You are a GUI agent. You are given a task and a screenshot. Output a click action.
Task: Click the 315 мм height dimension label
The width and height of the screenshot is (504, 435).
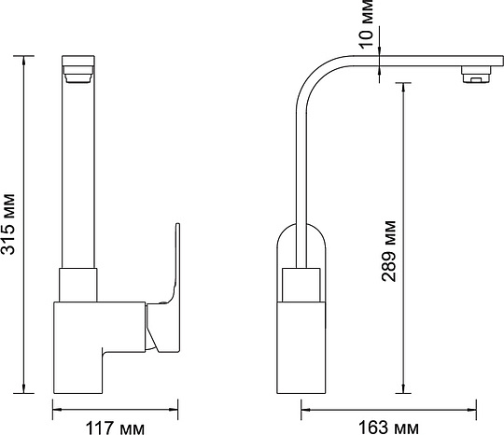click(x=7, y=224)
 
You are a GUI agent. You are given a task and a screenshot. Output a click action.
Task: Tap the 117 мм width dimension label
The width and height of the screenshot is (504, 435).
click(x=115, y=428)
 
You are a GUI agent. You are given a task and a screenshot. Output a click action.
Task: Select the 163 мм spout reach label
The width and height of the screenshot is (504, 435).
click(x=388, y=428)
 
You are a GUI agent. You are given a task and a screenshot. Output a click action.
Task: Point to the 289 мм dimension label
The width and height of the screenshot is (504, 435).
click(x=388, y=251)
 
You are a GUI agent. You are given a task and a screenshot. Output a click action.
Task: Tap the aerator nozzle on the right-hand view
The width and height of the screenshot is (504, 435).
click(x=477, y=75)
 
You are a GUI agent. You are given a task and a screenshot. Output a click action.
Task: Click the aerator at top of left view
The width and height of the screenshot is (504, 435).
click(x=78, y=75)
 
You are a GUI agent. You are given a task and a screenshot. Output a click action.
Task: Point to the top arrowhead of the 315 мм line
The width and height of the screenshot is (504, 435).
click(x=23, y=60)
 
